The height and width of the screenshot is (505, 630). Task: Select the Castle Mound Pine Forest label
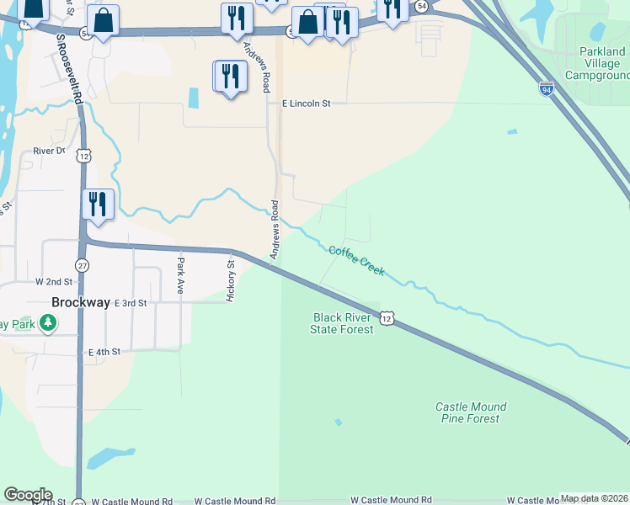468,412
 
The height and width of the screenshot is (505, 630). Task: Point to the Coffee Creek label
357,261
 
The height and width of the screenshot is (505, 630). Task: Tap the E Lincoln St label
307,104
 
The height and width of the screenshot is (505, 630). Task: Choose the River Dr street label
49,151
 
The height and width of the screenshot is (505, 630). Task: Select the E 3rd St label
131,302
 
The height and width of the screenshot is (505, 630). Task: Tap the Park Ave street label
180,275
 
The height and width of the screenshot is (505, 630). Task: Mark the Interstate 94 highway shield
546,88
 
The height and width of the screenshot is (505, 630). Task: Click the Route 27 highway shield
82,265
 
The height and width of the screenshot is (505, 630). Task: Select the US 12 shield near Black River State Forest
386,317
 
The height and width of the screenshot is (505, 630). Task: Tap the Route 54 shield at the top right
421,5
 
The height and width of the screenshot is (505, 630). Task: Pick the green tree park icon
49,322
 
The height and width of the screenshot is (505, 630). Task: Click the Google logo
28,495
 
